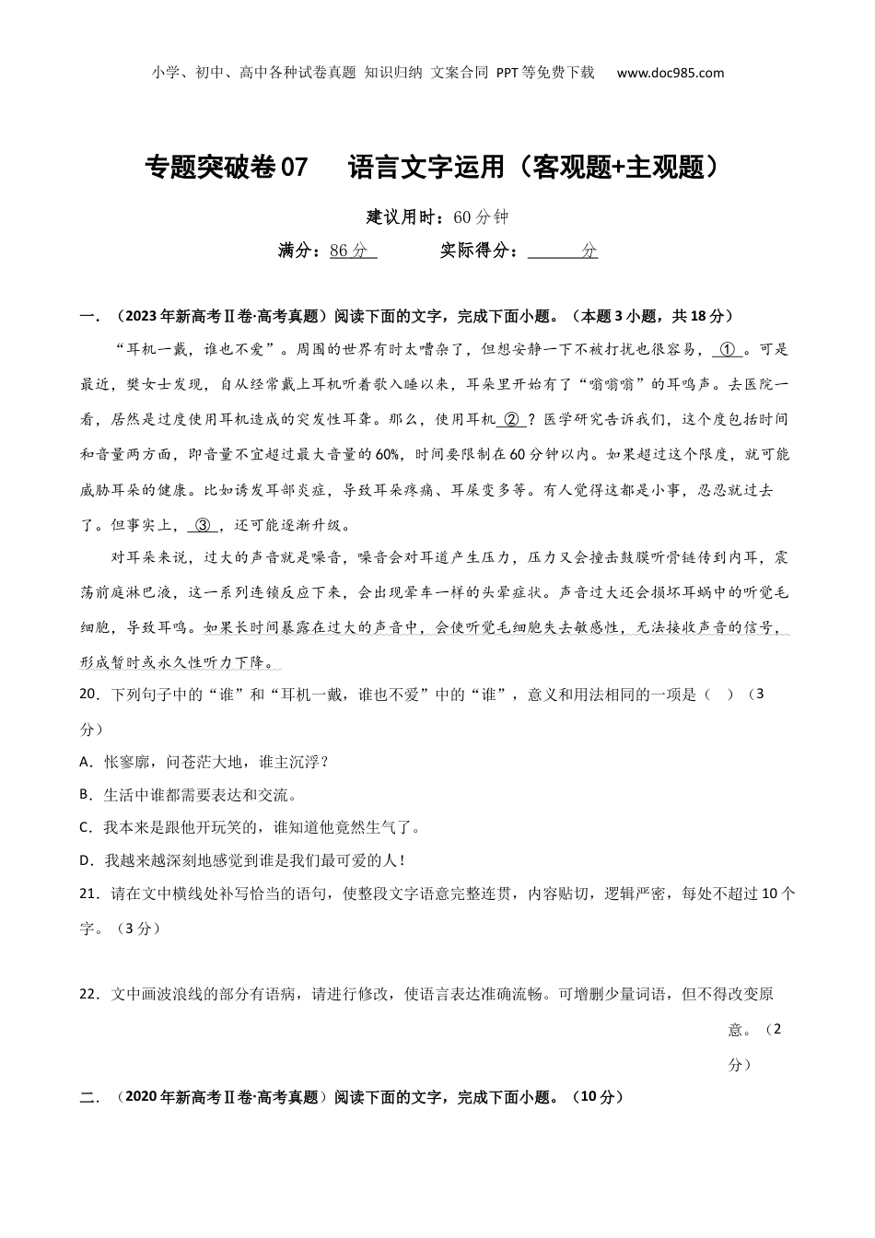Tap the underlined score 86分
tap(351, 251)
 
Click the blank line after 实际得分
tap(562, 251)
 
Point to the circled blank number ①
tap(728, 350)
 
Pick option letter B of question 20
tap(85, 794)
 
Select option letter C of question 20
tap(85, 827)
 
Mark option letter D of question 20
tap(86, 860)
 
